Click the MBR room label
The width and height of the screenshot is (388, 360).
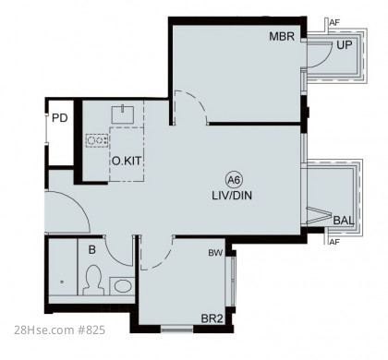pos(282,36)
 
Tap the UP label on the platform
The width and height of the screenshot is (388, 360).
pos(345,45)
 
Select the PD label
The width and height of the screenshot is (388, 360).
pos(60,118)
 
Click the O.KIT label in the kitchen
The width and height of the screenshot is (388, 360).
pos(127,161)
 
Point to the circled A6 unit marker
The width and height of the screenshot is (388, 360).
pos(235,180)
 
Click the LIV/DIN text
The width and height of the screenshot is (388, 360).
pos(232,196)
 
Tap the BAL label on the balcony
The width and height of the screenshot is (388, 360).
pos(344,221)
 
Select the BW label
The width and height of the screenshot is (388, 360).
pos(215,253)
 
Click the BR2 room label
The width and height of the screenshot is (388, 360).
pos(212,318)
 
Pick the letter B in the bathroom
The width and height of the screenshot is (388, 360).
pos(92,250)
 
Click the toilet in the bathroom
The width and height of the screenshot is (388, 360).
pos(92,281)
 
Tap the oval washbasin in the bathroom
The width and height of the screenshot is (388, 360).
pos(123,286)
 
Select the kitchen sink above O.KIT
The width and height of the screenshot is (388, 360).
pos(123,114)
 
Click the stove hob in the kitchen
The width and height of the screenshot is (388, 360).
pos(97,140)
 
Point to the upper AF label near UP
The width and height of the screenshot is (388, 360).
pos(334,22)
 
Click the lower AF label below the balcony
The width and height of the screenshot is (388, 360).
pos(334,242)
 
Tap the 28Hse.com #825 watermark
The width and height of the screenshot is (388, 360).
pos(59,330)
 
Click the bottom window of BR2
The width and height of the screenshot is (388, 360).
pos(177,330)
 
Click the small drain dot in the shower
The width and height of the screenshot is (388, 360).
pos(62,282)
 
